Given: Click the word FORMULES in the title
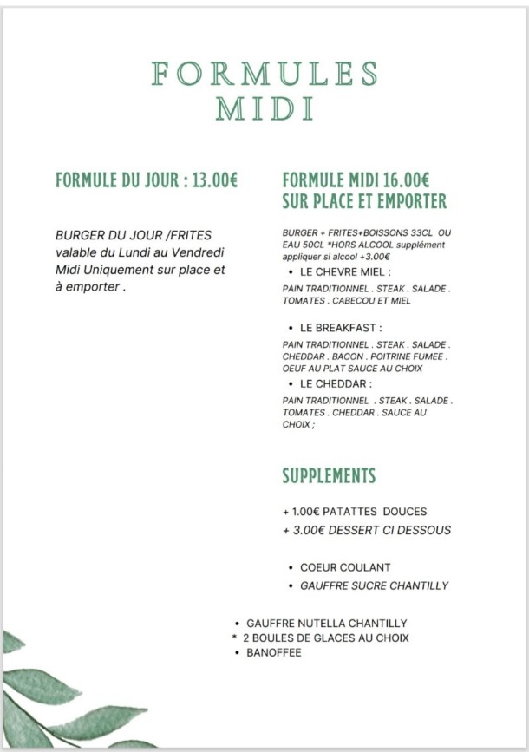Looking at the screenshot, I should (x=264, y=74).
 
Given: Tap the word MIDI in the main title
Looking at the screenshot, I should (x=264, y=109).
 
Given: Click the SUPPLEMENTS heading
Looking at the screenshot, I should (x=329, y=476).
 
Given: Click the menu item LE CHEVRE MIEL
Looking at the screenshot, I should (x=345, y=272).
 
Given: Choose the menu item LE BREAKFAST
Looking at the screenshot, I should (x=341, y=329).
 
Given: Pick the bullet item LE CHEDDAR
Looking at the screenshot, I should (x=336, y=383).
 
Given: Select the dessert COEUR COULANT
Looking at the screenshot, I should (x=345, y=567).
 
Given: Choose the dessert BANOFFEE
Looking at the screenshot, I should (x=274, y=652).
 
